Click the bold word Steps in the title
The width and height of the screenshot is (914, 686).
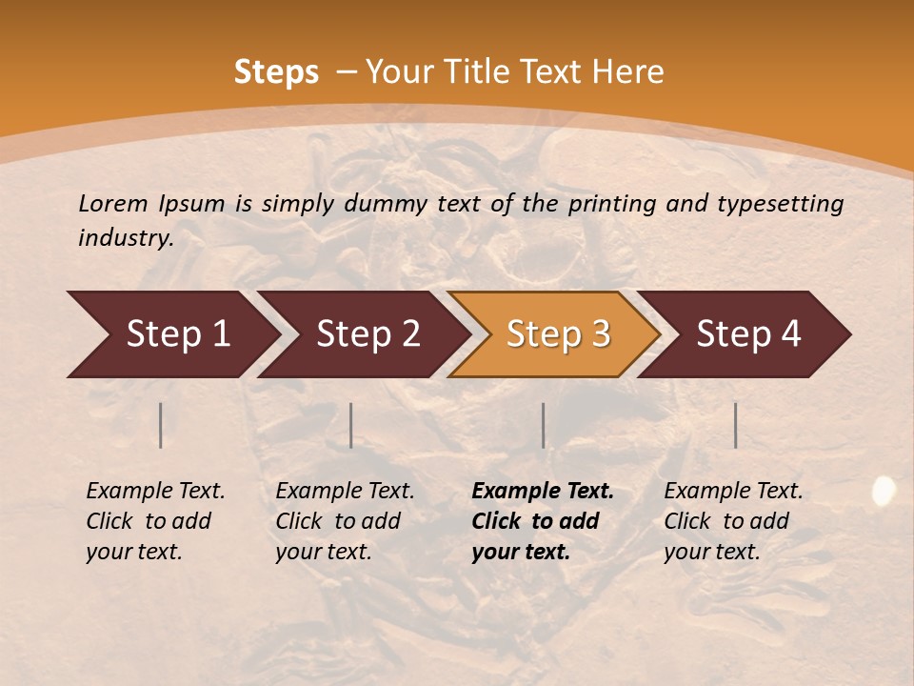(276, 72)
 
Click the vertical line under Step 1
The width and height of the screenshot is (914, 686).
(160, 425)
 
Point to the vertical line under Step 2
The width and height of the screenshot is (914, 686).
(351, 425)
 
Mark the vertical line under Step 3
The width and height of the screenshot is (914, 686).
(543, 425)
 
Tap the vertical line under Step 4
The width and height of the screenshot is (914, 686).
(735, 425)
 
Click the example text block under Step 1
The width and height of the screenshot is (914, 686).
(155, 521)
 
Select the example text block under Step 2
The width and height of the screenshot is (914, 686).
(345, 521)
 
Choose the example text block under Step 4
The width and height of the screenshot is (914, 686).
(733, 521)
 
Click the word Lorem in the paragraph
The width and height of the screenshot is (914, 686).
(112, 204)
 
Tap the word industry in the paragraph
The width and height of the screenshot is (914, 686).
(126, 238)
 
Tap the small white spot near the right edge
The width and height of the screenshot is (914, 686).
(884, 491)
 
